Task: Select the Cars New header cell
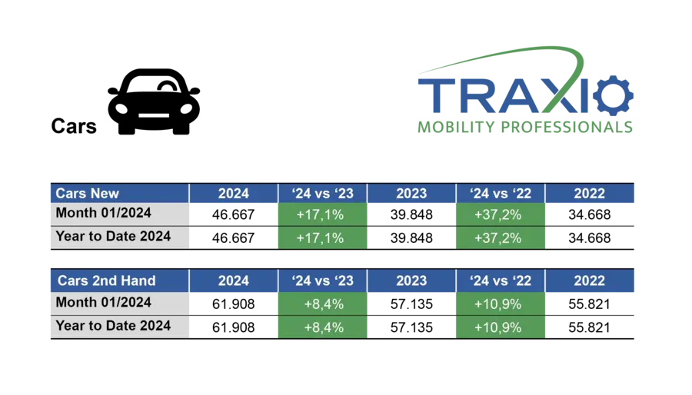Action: (118, 194)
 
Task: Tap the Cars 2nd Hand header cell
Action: (118, 280)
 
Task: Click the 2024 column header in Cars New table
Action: (233, 194)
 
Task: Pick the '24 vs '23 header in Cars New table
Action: (322, 194)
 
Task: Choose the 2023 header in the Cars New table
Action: (411, 194)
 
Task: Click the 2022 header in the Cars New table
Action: (590, 194)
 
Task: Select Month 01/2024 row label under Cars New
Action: (118, 213)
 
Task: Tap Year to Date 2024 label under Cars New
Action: (118, 236)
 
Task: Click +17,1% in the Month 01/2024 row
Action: (322, 215)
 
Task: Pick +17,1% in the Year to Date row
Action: (322, 238)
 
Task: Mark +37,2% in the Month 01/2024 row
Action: (501, 215)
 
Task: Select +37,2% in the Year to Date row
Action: (501, 238)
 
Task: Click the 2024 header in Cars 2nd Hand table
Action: (233, 280)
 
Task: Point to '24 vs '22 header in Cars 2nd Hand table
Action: (501, 280)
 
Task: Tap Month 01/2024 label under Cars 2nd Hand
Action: (118, 302)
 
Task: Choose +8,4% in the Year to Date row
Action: (322, 327)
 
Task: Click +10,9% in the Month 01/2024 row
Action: (501, 304)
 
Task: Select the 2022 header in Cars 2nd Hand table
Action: (590, 280)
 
